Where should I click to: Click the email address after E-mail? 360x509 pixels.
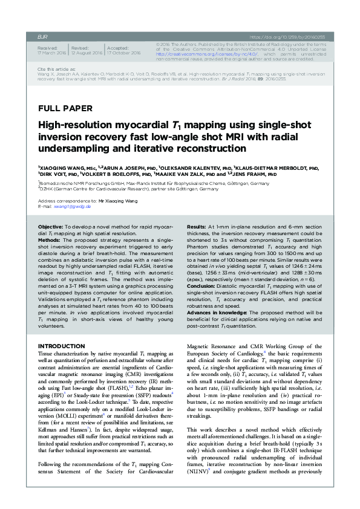(74, 206)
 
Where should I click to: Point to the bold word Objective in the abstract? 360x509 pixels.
(56, 225)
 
